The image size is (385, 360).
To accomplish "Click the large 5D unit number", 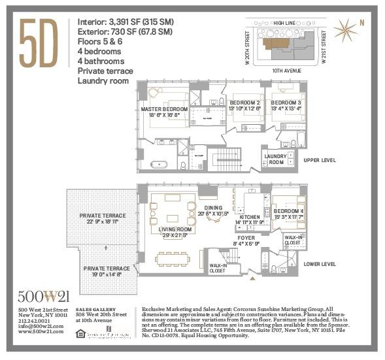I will [x=39, y=44].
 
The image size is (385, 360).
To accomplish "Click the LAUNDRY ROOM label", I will [x=276, y=159].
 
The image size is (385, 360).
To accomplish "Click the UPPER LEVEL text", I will [x=319, y=160].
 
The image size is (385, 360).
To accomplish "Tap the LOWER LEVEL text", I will [x=320, y=264].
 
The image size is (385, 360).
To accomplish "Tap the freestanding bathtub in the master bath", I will [x=160, y=164].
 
